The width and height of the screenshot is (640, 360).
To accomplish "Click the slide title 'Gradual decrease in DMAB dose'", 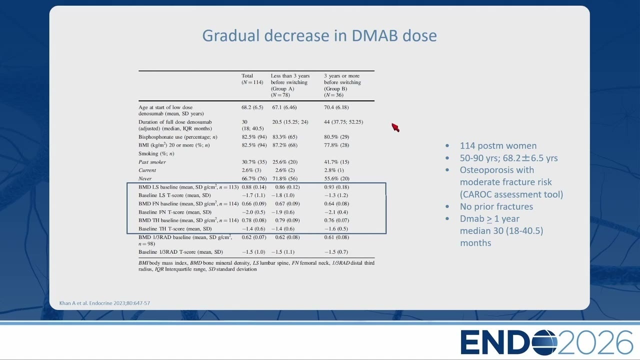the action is (319, 35).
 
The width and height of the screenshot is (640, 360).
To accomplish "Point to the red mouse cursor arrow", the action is (395, 127).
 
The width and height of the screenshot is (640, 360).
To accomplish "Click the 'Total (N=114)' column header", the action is (252, 79).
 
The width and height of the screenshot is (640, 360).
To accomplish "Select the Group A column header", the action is (290, 85).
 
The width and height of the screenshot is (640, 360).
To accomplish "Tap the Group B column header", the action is (342, 85).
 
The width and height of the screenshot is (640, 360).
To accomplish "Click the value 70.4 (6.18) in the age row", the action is (336, 107).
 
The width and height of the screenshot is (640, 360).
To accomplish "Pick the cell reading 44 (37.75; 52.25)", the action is (343, 122).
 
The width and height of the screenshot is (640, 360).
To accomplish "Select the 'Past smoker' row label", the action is (152, 162).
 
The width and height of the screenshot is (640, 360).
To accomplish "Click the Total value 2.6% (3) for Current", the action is (251, 170).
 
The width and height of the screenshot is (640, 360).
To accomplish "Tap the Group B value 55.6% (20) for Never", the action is (336, 178).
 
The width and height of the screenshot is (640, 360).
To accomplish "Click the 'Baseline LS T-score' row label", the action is (174, 195).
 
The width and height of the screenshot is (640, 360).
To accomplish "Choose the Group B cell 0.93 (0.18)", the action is (336, 187).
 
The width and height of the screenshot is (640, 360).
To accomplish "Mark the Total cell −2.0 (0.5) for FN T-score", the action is (253, 212).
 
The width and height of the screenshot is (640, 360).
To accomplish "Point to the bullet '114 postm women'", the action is (498, 145).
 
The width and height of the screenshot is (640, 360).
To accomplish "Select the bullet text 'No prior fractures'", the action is (496, 206).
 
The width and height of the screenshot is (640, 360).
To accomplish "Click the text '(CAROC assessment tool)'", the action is (511, 194).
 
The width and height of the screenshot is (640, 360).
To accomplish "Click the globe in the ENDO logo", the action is (544, 342).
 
